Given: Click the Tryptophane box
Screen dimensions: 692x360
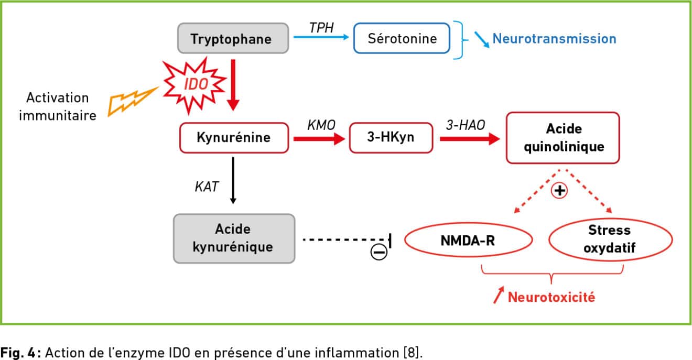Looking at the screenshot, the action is coord(233,38).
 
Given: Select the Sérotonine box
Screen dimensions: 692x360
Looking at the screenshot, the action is coord(402,38).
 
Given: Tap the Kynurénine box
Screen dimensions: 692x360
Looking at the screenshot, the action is coord(234,138).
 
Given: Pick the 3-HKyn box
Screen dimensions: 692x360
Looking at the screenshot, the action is coord(391,138).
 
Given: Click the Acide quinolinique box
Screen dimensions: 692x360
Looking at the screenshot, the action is coord(563,138).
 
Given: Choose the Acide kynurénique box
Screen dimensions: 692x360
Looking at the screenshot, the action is coord(234,238).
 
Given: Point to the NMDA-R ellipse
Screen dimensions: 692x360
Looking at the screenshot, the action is coord(468,240).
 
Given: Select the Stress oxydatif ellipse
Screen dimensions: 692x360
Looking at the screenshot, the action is coord(610,239).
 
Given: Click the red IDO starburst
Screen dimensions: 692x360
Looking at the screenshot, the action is coord(194,85).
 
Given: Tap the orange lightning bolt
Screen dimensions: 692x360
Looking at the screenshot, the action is coord(132,101).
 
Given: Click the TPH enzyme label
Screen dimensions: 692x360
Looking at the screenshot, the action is coord(321,28).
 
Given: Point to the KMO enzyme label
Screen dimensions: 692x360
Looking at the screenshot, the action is coord(321,125).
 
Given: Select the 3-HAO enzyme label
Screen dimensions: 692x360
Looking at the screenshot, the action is coord(465,125).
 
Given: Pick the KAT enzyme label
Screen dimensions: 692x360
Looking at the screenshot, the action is coord(207,187).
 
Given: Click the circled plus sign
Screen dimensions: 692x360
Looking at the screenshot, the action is coord(559,190).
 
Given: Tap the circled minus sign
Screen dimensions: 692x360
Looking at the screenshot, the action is coord(379,252).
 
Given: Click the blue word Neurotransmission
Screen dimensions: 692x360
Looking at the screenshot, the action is coord(554,39).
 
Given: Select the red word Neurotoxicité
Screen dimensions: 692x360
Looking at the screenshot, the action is coord(552,297).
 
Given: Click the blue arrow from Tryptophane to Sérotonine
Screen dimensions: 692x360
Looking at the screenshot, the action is coord(321,37).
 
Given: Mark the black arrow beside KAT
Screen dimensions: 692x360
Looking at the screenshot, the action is coord(233,180).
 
